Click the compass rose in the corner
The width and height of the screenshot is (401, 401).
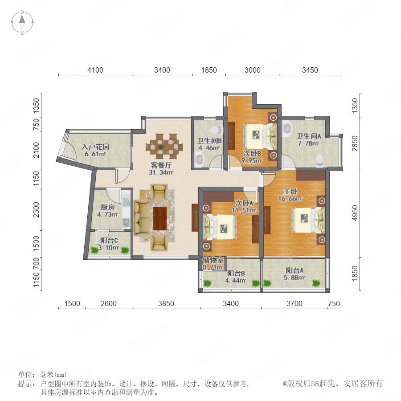[22, 22]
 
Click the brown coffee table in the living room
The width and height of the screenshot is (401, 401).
[160, 218]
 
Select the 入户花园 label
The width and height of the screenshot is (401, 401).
[95, 147]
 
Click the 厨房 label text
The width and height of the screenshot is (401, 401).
[108, 207]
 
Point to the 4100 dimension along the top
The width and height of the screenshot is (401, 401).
[95, 70]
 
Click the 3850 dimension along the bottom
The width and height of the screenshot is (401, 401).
[166, 303]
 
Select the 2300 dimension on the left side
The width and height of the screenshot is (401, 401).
[37, 210]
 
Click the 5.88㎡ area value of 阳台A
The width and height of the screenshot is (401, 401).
[294, 278]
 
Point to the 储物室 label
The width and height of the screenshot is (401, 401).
[213, 260]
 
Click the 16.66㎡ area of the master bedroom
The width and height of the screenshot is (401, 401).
[291, 198]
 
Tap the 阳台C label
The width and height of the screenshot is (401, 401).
[109, 241]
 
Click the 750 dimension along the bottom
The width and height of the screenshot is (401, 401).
[334, 303]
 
